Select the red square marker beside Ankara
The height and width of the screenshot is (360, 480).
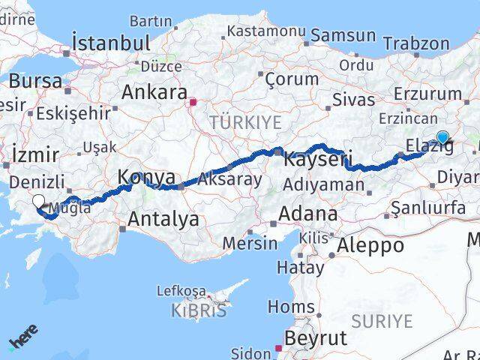[x=193, y=101]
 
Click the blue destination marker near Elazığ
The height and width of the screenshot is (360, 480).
[x=442, y=137]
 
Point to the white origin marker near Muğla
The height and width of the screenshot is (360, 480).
[x=37, y=200]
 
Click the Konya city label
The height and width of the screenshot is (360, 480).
[x=147, y=178]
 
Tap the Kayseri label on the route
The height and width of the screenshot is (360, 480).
[x=308, y=158]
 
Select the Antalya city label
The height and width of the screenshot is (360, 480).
[x=163, y=219]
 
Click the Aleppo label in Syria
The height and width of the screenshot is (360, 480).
[x=370, y=245]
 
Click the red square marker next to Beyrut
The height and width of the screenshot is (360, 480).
[x=278, y=348]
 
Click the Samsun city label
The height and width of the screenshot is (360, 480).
[x=343, y=35]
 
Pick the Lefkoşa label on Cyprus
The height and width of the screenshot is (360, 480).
[x=181, y=290]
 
